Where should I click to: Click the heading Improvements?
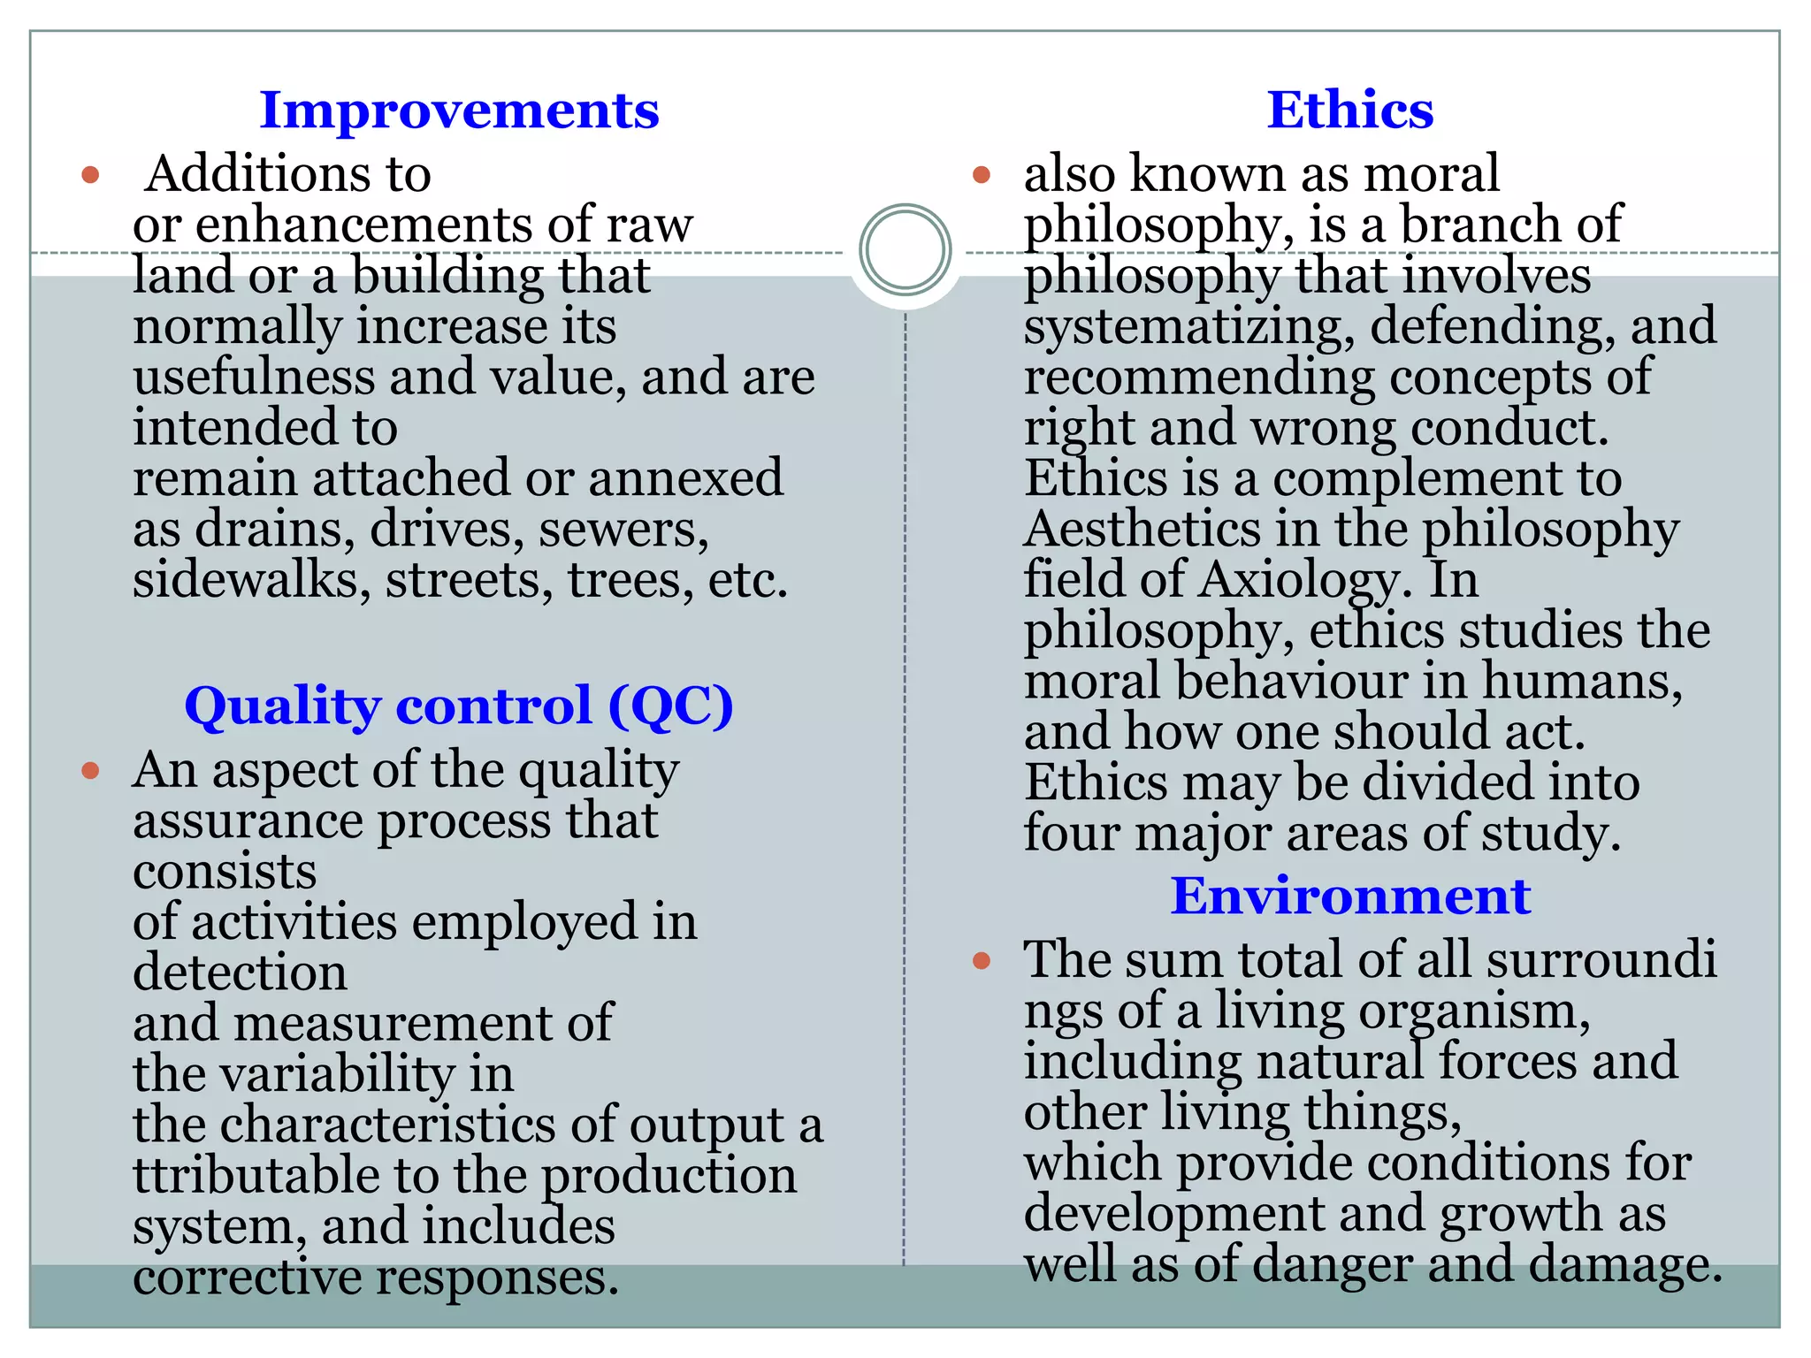tap(459, 111)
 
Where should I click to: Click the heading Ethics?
tap(1349, 111)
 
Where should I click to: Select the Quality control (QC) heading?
tap(459, 706)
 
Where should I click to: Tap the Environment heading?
tap(1350, 896)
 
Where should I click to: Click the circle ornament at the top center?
tap(905, 249)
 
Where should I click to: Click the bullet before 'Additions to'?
tap(90, 174)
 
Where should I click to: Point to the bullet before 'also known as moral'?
tap(981, 174)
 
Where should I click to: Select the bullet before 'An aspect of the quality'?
tap(90, 771)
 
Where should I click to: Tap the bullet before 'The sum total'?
tap(981, 960)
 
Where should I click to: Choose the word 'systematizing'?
tap(1189, 327)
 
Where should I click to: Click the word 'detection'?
tap(240, 973)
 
